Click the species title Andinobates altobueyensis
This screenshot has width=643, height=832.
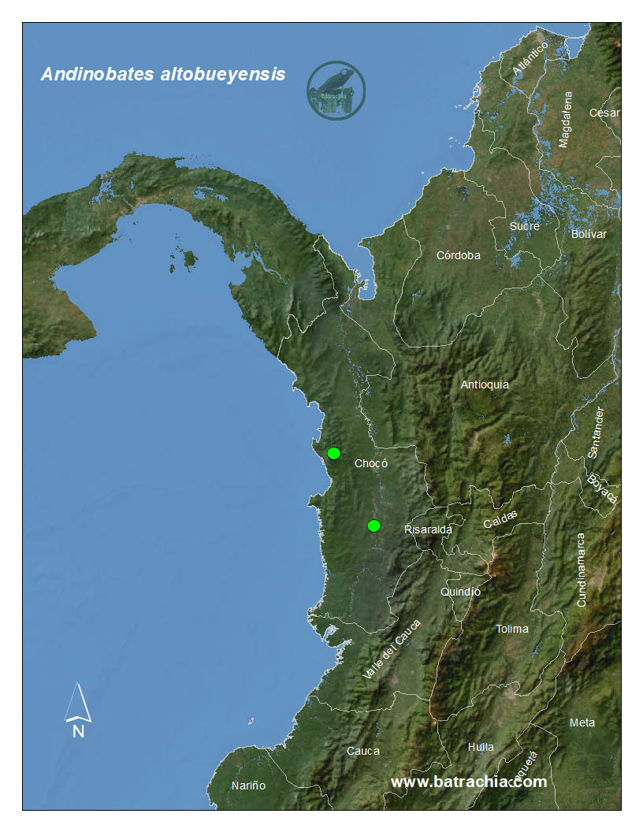[x=163, y=75]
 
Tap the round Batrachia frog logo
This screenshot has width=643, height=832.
[x=336, y=91]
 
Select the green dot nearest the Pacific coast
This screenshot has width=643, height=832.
[x=333, y=453]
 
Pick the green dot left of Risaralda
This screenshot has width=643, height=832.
[x=374, y=526]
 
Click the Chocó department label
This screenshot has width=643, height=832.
[x=371, y=463]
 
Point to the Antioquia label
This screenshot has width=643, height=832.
[x=485, y=384]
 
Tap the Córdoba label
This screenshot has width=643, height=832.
[x=459, y=255]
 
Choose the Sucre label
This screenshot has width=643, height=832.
[x=525, y=226]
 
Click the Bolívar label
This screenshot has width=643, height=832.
[x=589, y=234]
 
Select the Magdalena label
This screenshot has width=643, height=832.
[x=565, y=119]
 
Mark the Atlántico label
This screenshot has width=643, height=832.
[x=530, y=59]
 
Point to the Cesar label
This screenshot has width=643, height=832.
[x=604, y=113]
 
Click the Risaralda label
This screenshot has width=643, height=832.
[x=428, y=529]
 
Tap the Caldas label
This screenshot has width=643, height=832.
[x=500, y=520]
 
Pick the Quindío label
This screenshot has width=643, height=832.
[x=461, y=592]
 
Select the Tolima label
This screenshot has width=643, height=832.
[x=512, y=629]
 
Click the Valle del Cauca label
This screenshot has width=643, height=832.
[x=392, y=650]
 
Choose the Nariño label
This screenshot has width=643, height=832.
[x=248, y=786]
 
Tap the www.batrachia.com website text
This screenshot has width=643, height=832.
[x=468, y=782]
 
